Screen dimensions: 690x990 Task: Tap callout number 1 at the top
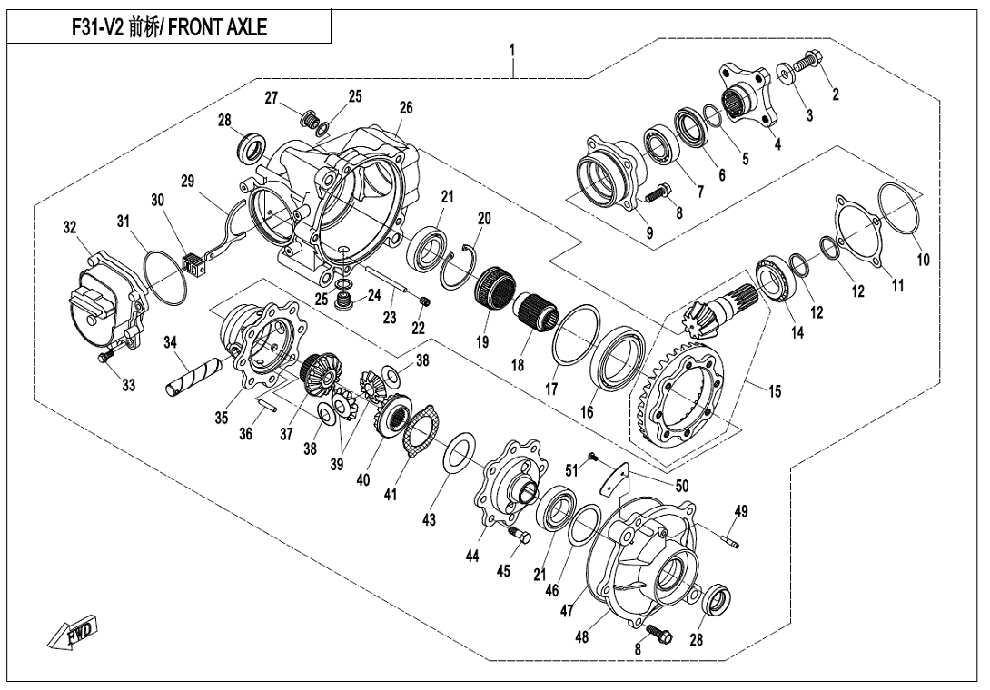[x=512, y=50]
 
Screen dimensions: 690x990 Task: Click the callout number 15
[x=774, y=391]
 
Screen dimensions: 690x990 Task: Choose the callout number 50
[x=681, y=486]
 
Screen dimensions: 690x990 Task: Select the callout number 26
[x=405, y=108]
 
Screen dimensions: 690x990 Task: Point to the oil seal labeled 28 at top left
[x=252, y=145]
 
